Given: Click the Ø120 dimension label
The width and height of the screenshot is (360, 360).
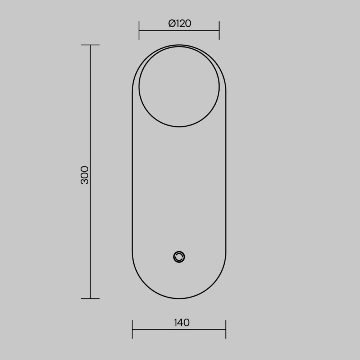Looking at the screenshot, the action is pyautogui.click(x=180, y=23).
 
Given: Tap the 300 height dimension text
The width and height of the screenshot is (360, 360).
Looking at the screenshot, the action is pyautogui.click(x=85, y=175).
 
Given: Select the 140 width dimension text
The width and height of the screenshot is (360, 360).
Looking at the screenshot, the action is pyautogui.click(x=181, y=323).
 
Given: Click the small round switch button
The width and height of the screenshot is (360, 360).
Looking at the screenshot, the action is pyautogui.click(x=179, y=257).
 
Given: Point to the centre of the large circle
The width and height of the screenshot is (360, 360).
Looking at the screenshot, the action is pyautogui.click(x=179, y=86).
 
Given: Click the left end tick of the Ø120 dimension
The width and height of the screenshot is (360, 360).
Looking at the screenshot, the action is pyautogui.click(x=139, y=30).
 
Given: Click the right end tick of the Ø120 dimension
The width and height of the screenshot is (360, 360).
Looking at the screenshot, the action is pyautogui.click(x=219, y=30).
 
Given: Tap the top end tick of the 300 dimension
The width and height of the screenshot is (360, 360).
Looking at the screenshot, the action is pyautogui.click(x=90, y=45).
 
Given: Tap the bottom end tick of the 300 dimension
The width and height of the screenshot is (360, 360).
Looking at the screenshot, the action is pyautogui.click(x=90, y=298).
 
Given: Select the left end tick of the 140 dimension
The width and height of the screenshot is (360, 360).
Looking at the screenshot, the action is pyautogui.click(x=132, y=329).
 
